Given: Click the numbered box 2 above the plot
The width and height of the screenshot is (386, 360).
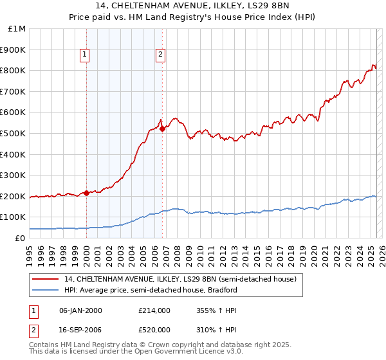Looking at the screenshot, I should pos(160,55).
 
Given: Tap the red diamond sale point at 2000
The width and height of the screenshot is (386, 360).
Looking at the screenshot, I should pos(86,193).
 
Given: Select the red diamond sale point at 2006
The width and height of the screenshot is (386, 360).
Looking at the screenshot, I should pos(162,129).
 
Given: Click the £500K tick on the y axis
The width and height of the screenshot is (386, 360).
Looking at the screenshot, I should pos(14,133).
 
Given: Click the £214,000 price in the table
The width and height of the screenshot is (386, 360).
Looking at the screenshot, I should pos(154,310).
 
